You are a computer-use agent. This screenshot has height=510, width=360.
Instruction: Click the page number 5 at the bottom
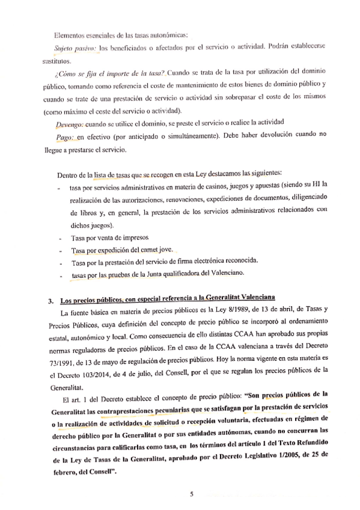click(191, 494)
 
